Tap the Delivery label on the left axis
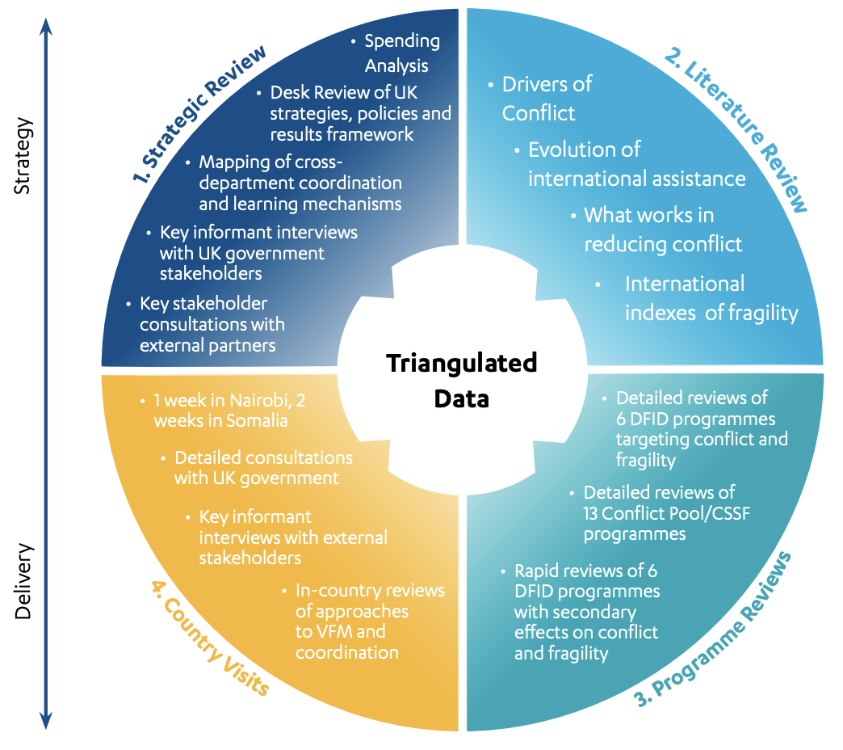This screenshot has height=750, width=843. [23, 581]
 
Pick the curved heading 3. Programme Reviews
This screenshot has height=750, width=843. [715, 631]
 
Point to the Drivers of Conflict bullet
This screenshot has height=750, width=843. [546, 98]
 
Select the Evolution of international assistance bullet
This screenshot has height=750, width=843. [635, 163]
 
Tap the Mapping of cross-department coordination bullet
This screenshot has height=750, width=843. [299, 182]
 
